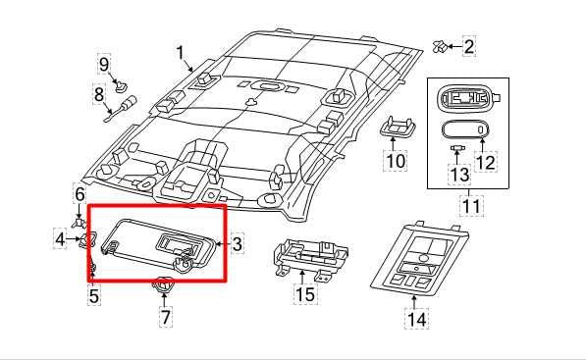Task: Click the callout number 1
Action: click(181, 53)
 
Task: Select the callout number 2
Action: click(468, 46)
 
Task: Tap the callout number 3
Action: click(238, 244)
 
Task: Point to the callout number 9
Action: click(104, 64)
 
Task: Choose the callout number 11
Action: click(471, 206)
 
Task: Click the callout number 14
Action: click(416, 320)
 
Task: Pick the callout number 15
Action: click(305, 294)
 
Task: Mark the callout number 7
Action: click(166, 317)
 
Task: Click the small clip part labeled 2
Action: click(441, 47)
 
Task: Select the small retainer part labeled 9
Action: click(121, 86)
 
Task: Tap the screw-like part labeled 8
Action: click(122, 109)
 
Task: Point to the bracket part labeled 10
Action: click(398, 127)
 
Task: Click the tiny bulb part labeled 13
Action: click(456, 147)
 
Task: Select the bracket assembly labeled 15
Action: click(311, 258)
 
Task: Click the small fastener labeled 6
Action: click(79, 224)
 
